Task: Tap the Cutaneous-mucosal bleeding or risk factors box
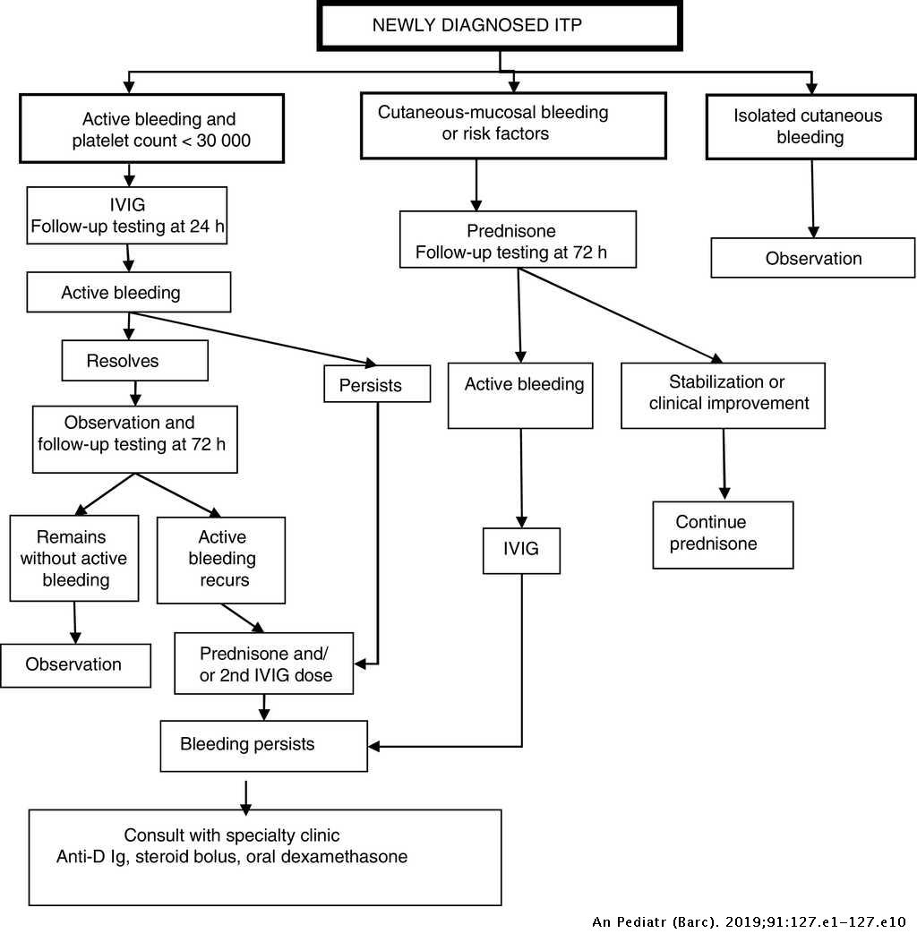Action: coord(513,124)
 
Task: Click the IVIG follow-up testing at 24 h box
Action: coord(127,215)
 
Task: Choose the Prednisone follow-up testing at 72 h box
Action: coord(518,239)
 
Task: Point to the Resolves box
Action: coord(134,361)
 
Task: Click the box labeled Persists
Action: coord(377,385)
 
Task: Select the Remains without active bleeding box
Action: coord(74,558)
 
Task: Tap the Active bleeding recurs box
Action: coord(221,560)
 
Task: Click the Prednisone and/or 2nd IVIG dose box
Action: coord(264,664)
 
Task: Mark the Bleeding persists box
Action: coord(263,744)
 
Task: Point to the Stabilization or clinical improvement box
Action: coord(723,395)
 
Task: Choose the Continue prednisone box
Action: coord(723,534)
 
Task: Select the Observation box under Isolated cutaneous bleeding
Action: coord(813,258)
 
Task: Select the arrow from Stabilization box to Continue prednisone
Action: coord(724,464)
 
